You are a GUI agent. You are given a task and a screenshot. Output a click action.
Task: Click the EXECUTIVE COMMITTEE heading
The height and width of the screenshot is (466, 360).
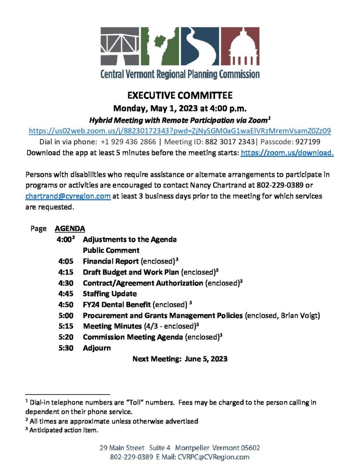point(180,96)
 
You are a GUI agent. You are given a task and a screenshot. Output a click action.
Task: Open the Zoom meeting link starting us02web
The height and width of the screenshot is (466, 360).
point(180,131)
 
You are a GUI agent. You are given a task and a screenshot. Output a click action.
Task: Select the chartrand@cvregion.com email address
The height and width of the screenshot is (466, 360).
point(68,196)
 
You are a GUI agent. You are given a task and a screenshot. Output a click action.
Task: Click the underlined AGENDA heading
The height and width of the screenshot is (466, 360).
point(70,228)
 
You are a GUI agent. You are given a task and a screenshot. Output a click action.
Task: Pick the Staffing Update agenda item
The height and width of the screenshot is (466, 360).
point(110,294)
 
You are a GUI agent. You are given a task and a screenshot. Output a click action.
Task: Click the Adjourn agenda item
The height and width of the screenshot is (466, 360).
point(96,348)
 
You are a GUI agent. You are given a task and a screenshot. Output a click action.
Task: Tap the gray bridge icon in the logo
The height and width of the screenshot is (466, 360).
point(121,48)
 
